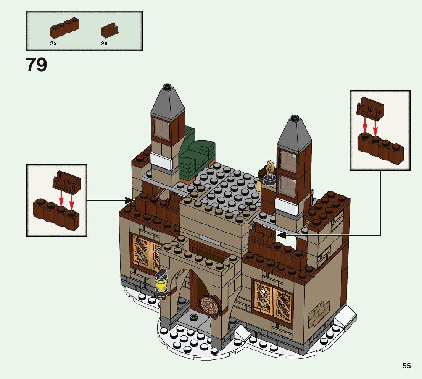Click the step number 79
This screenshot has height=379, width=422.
pos(37,65)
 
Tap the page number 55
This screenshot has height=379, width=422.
pos(406,366)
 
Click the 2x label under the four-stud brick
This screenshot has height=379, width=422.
pos(53,44)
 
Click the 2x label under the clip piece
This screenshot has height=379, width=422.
pos(104,44)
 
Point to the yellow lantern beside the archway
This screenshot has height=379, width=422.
pos(161,283)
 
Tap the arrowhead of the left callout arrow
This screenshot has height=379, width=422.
pos(131,200)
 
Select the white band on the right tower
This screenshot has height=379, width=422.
pos(286,207)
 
